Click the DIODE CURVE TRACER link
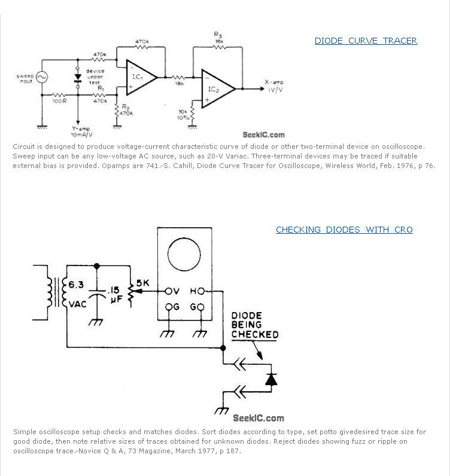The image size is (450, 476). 366,41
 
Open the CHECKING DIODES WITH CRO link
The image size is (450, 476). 344,230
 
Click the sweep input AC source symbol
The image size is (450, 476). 42,77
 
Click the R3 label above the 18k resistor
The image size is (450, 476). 218,35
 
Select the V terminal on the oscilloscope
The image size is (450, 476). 173,291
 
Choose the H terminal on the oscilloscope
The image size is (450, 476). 197,291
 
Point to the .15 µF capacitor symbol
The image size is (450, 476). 96,297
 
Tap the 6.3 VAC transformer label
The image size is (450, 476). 77,294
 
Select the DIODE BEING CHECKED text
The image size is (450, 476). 255,325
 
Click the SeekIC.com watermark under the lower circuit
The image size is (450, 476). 259,418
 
